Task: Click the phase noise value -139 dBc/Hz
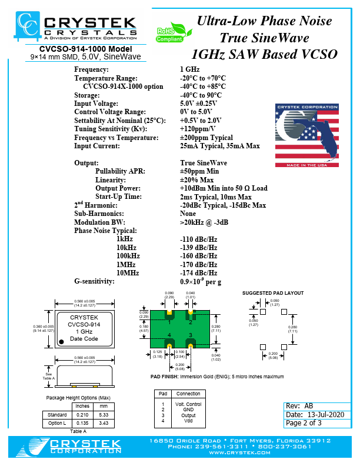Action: [198, 248]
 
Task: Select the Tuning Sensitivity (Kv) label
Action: [110, 129]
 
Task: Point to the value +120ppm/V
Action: [198, 129]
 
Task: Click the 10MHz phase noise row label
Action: [128, 272]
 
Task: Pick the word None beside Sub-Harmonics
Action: [188, 214]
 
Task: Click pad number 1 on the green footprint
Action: [169, 321]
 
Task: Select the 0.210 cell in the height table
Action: [82, 415]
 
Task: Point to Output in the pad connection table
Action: [189, 415]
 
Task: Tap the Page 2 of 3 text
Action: [304, 423]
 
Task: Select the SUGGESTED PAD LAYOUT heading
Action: [273, 292]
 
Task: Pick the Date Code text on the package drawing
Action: [84, 339]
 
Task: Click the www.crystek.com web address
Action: [241, 452]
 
